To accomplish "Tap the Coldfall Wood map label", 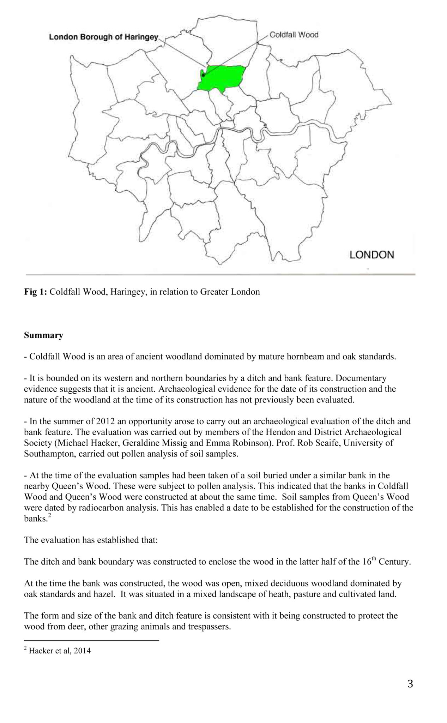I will [294, 35].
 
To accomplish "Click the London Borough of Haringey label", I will [103, 37].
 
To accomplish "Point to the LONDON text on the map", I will [372, 255].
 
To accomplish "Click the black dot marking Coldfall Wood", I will [204, 75].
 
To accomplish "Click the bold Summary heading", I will [43, 335].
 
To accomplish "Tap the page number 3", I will [410, 684].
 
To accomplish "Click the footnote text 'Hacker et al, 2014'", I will [60, 651].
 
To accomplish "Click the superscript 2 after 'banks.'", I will [50, 516].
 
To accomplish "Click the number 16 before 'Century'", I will [366, 562].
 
